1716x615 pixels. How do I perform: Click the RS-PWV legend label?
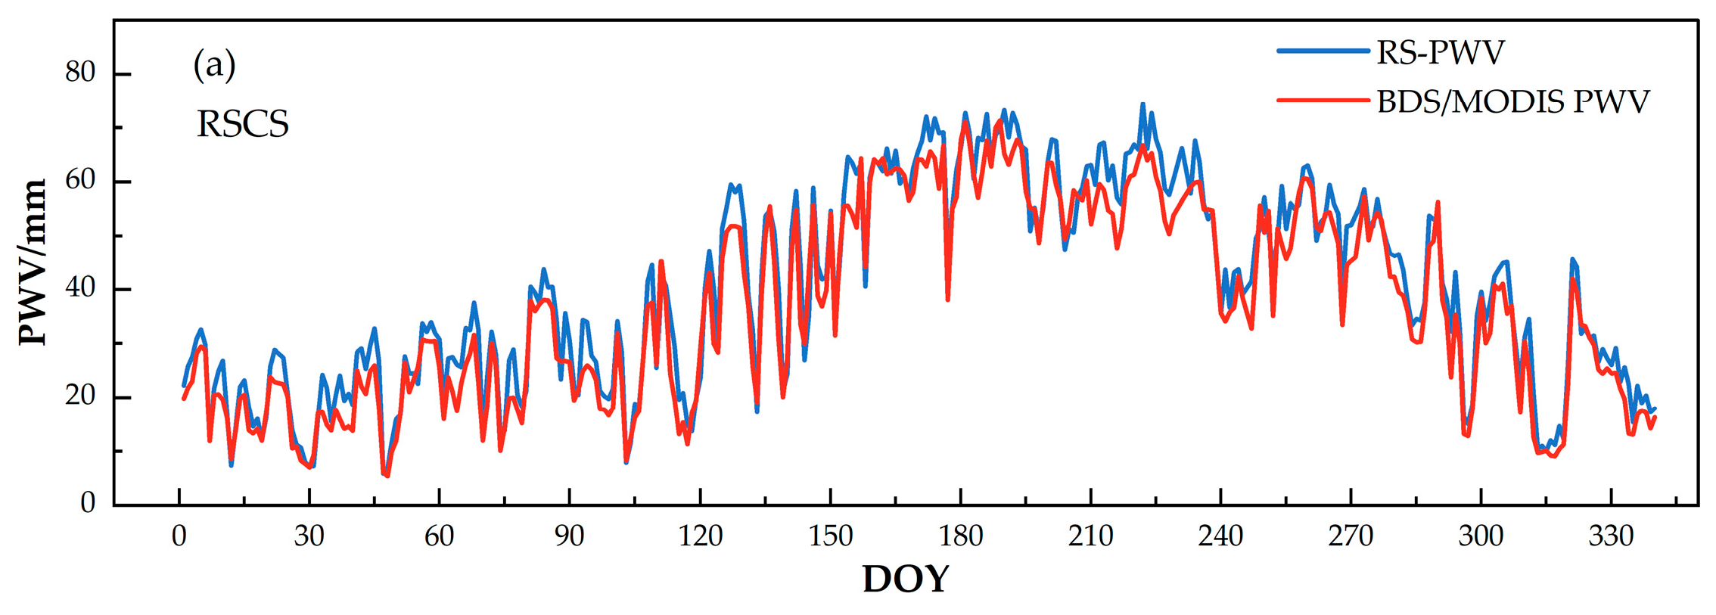coord(1440,53)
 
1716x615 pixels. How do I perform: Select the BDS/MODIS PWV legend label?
coord(1512,101)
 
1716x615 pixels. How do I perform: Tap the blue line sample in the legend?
coord(1323,51)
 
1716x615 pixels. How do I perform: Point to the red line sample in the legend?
coord(1323,100)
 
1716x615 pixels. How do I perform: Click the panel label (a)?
coord(214,65)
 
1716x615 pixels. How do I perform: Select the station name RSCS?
coord(243,124)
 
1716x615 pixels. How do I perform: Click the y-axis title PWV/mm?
coord(33,262)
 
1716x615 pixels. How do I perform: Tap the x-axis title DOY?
coord(905,579)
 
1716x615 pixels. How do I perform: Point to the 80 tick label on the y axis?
coord(80,73)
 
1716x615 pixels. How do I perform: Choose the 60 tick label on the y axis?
coord(80,181)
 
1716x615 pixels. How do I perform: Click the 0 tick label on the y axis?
coord(88,503)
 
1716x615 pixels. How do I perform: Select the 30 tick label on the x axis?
coord(309,536)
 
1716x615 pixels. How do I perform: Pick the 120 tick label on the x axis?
coord(700,536)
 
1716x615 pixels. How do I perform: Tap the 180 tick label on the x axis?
coord(961,536)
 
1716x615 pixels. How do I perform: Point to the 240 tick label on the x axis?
coord(1220,536)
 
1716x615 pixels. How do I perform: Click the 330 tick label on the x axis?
coord(1611,536)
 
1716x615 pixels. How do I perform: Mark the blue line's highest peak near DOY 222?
coord(1142,104)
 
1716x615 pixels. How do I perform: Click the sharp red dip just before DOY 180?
coord(947,299)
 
